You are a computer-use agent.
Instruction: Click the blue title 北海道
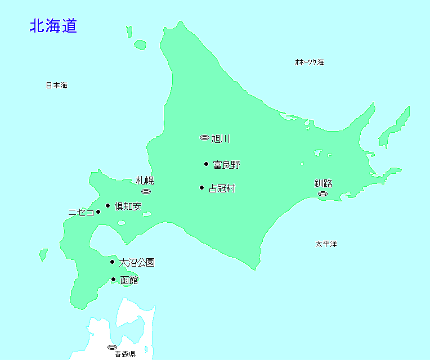53,26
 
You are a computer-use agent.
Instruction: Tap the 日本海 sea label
56,85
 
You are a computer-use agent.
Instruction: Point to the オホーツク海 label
309,62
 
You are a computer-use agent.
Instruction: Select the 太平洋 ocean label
326,244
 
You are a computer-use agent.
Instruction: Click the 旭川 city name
221,138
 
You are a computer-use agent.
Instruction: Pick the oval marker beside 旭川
204,138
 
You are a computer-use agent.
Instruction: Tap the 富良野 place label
226,165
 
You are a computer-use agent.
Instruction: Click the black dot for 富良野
206,164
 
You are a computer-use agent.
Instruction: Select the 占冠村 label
222,188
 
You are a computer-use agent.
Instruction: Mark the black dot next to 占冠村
201,188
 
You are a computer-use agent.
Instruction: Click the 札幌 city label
145,181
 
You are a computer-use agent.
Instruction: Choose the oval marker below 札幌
146,192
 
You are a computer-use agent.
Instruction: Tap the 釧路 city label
323,183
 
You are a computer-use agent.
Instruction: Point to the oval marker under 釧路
322,193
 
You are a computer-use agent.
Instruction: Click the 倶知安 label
128,206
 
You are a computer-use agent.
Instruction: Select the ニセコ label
81,213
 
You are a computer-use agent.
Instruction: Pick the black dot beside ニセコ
98,212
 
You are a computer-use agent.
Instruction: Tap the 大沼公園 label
137,262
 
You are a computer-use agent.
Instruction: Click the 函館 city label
129,280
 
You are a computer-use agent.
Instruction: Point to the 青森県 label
125,354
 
